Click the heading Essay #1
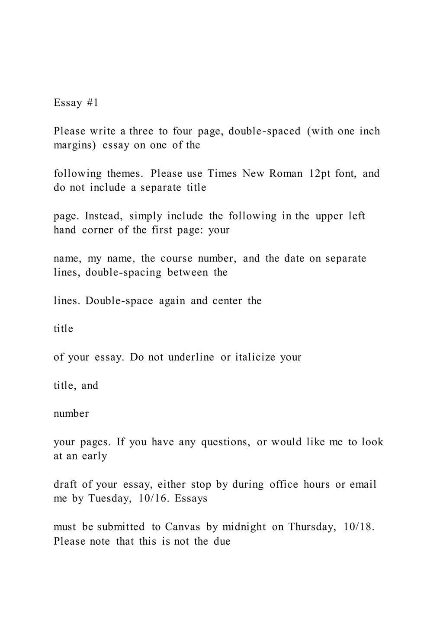[x=76, y=103]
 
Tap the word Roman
[x=286, y=174]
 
